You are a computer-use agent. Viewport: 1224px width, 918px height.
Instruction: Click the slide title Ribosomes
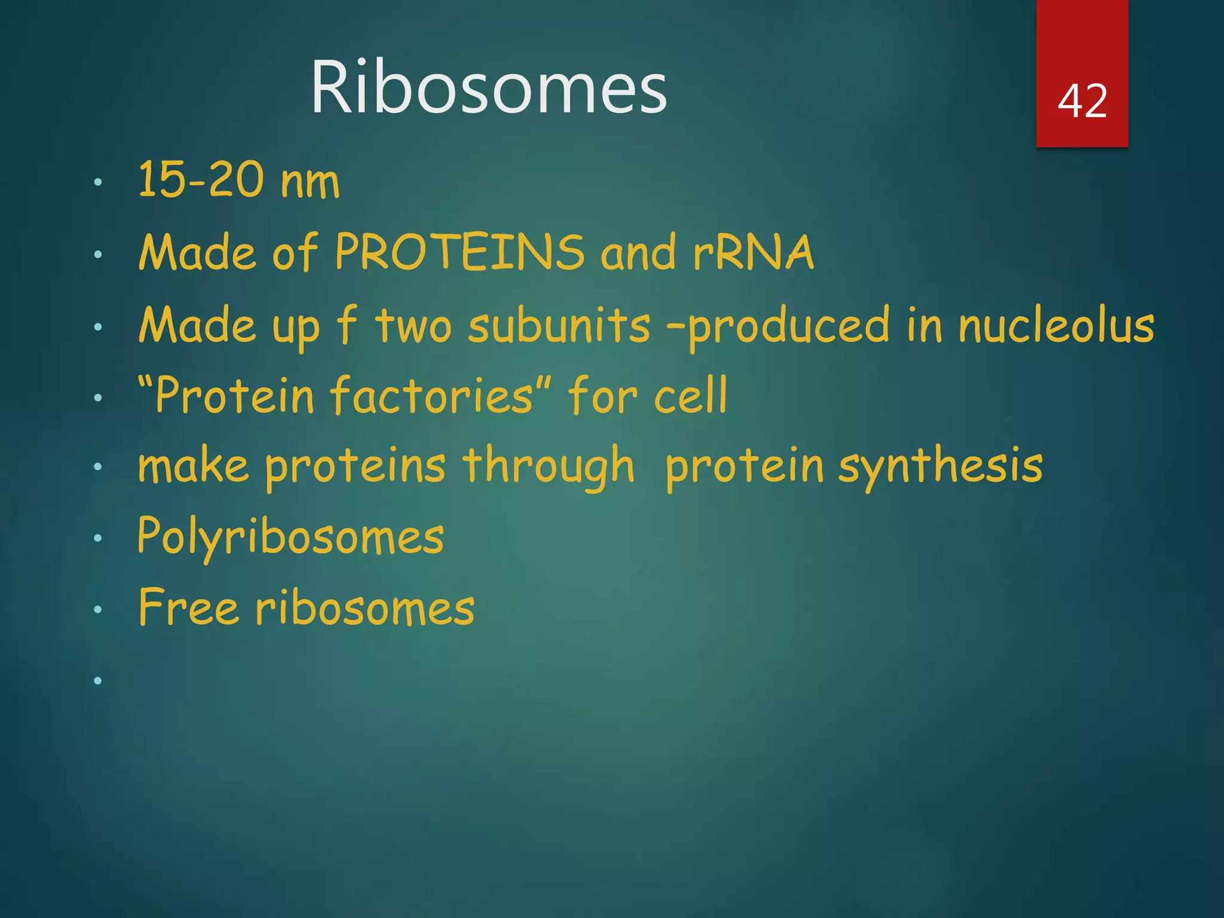click(x=488, y=87)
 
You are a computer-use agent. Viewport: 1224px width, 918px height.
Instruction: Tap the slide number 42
click(x=1082, y=100)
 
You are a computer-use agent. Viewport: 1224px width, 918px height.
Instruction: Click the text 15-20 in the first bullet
click(x=200, y=180)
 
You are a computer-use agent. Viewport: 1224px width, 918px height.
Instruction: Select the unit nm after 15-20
click(x=310, y=183)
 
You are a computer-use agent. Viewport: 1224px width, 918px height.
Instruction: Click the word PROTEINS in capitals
click(x=460, y=252)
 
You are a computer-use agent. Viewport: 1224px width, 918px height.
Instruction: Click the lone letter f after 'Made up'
click(x=347, y=324)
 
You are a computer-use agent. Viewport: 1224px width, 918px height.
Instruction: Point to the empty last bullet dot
click(x=98, y=680)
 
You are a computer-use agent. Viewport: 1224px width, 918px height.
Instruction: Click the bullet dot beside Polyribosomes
click(x=98, y=538)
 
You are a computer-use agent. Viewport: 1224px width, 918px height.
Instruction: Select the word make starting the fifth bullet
click(x=193, y=466)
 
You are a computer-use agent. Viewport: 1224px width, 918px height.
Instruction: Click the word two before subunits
click(x=413, y=326)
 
